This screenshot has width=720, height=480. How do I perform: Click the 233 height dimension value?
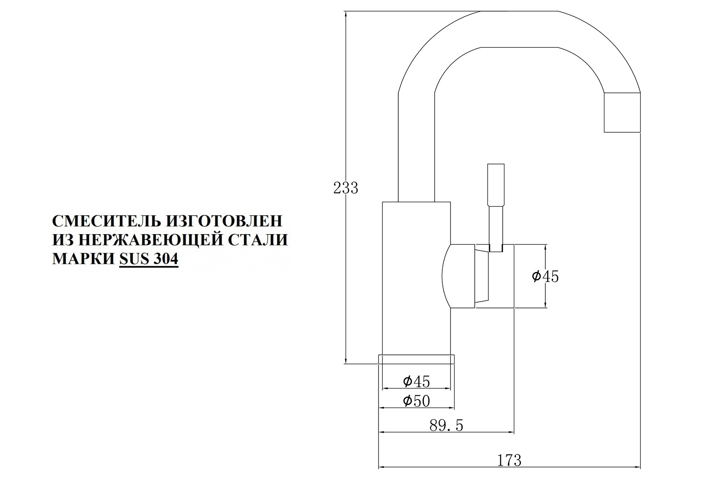tap(346, 188)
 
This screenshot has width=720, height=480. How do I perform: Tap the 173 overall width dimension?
tap(509, 460)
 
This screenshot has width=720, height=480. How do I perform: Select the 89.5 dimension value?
tap(446, 426)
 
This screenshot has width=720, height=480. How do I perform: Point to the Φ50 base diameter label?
tap(416, 401)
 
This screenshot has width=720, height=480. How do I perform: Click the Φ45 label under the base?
tap(416, 381)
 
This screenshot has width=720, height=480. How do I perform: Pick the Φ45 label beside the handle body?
tap(545, 276)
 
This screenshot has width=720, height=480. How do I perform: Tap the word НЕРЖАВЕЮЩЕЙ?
tap(153, 240)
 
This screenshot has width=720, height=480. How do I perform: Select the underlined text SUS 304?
tap(149, 258)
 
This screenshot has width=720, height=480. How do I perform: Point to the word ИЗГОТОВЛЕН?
tap(224, 221)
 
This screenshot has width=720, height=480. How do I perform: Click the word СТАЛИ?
tap(259, 240)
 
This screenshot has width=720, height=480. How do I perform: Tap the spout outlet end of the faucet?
tap(622, 113)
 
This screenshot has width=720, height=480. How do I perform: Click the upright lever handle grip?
tap(496, 185)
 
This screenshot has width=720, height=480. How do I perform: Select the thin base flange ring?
tap(417, 359)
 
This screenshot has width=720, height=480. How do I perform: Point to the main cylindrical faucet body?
tap(416, 278)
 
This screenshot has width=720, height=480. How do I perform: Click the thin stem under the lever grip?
tap(496, 229)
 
